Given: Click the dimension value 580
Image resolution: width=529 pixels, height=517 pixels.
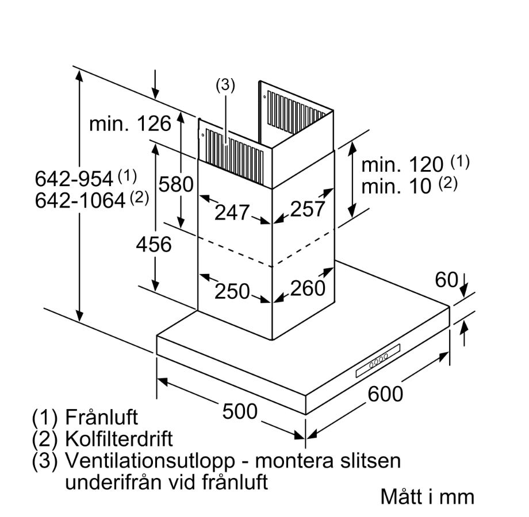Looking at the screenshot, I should click(175, 185).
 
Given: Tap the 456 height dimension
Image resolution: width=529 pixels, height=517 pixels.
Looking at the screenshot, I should click(154, 244).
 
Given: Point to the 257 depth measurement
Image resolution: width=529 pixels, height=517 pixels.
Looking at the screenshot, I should click(307, 210).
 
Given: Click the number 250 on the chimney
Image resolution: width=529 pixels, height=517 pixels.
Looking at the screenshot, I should click(232, 291).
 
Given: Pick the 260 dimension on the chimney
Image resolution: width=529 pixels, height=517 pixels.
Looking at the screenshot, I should click(308, 288).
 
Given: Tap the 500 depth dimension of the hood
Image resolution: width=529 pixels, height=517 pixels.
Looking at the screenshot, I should click(239, 411).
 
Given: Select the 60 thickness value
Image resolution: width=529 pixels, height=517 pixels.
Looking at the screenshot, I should click(446, 280).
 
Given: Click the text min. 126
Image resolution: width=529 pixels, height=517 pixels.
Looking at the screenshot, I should click(130, 124).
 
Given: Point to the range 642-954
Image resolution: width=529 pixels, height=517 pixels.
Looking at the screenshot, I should click(74, 179).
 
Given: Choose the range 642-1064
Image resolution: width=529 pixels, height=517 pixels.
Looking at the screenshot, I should click(80, 200).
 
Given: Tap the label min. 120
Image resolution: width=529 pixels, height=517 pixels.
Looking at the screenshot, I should click(402, 165).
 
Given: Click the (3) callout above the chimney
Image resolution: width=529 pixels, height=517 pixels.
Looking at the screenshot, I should click(225, 86).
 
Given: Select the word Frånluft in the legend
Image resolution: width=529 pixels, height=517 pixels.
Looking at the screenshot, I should click(102, 416).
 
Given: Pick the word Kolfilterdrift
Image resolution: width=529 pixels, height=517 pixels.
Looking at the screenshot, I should click(119, 439).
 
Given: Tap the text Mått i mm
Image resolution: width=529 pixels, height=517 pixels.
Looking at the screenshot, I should click(427, 496).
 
